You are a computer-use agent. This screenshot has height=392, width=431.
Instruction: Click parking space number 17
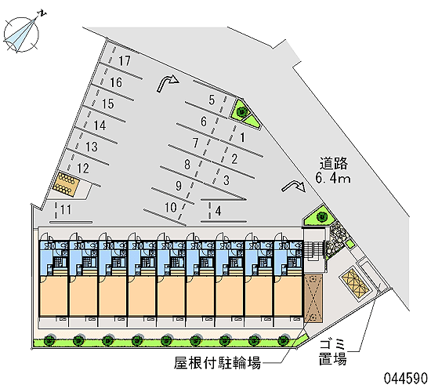tap(125, 61)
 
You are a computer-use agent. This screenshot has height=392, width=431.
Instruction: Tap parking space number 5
tap(212, 100)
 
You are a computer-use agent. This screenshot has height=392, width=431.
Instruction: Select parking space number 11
tap(65, 209)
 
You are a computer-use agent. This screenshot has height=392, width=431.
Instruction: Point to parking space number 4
tap(218, 211)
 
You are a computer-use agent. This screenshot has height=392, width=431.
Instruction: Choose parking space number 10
tap(170, 207)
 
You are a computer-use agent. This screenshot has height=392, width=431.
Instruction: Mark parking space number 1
tap(242, 137)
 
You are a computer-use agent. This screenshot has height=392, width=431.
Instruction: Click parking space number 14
tap(100, 125)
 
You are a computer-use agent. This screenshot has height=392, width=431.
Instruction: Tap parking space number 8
tap(187, 165)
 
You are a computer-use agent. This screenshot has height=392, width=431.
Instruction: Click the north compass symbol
tap(22, 33)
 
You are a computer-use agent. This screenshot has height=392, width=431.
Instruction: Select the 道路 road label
tap(333, 163)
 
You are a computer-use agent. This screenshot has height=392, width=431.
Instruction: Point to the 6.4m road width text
tap(333, 178)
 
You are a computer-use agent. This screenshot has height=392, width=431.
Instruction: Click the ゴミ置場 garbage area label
tap(332, 352)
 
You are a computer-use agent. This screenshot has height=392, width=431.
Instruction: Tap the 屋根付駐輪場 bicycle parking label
tap(217, 363)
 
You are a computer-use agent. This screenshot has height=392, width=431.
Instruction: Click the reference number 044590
tap(405, 378)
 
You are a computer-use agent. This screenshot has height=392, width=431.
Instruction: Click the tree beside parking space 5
tap(242, 111)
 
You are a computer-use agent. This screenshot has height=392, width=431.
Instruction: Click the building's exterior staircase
tap(313, 250)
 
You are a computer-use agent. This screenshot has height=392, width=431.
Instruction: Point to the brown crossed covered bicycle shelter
tap(313, 298)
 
